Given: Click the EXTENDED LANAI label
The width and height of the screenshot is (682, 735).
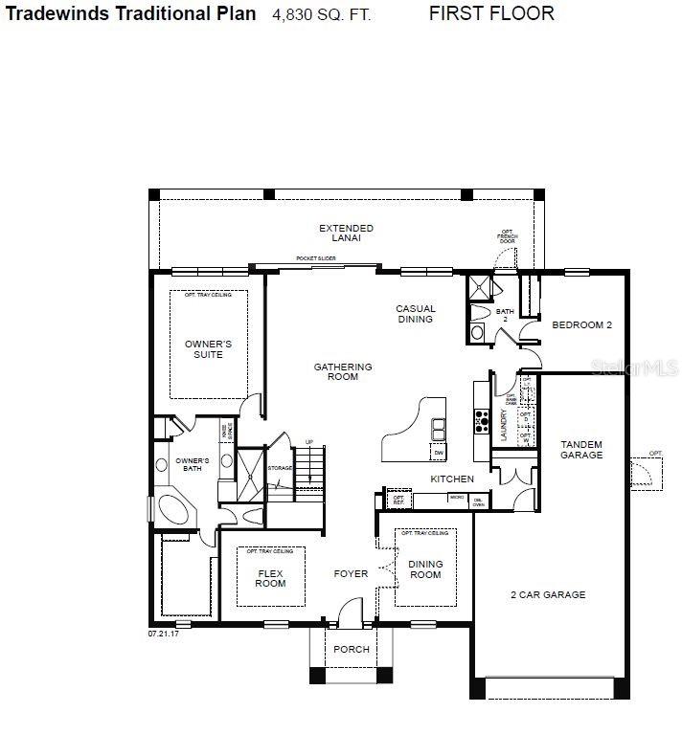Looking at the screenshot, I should tap(346, 233).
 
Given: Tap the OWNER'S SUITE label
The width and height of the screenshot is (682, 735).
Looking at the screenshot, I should tap(208, 348).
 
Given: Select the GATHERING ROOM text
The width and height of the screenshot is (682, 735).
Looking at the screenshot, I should tap(343, 371).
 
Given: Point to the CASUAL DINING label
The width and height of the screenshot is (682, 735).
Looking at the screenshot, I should tap(416, 314).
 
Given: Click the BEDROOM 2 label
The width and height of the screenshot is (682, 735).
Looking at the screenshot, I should tap(581, 325).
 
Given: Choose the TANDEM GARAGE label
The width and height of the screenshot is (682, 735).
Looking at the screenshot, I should tap(581, 449).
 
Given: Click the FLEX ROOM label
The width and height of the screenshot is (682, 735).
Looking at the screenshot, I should tap(270, 578).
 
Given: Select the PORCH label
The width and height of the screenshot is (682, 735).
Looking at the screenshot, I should tap(351, 650).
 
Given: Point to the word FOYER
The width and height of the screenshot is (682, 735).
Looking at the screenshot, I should tap(351, 574).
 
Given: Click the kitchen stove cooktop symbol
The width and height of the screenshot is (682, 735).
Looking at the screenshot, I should tap(480, 419).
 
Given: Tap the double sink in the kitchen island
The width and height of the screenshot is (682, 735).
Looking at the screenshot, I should tap(439, 428).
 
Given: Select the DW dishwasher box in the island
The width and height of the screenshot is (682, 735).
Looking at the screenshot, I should tap(438, 453).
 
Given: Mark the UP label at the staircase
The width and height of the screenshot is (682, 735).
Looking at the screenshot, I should tap(308, 441).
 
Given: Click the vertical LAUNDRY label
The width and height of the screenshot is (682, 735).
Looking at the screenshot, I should tap(503, 424).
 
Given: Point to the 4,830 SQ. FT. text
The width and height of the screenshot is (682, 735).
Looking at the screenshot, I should tap(321, 14).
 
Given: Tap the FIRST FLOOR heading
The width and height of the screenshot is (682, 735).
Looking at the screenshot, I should tap(490, 13).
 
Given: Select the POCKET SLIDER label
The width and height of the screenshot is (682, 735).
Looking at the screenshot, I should tap(316, 258).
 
